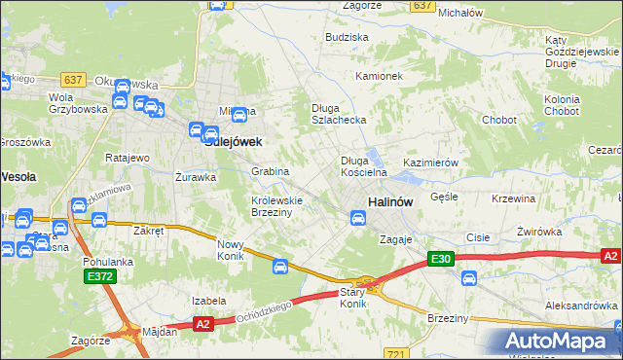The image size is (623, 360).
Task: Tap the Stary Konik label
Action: (x=352, y=298)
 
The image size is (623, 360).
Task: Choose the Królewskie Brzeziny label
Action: (x=277, y=205)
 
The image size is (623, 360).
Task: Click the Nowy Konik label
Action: (x=230, y=250)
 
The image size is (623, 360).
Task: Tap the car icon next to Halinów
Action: (x=358, y=219)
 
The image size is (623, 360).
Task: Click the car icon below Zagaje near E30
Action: (x=468, y=279)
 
